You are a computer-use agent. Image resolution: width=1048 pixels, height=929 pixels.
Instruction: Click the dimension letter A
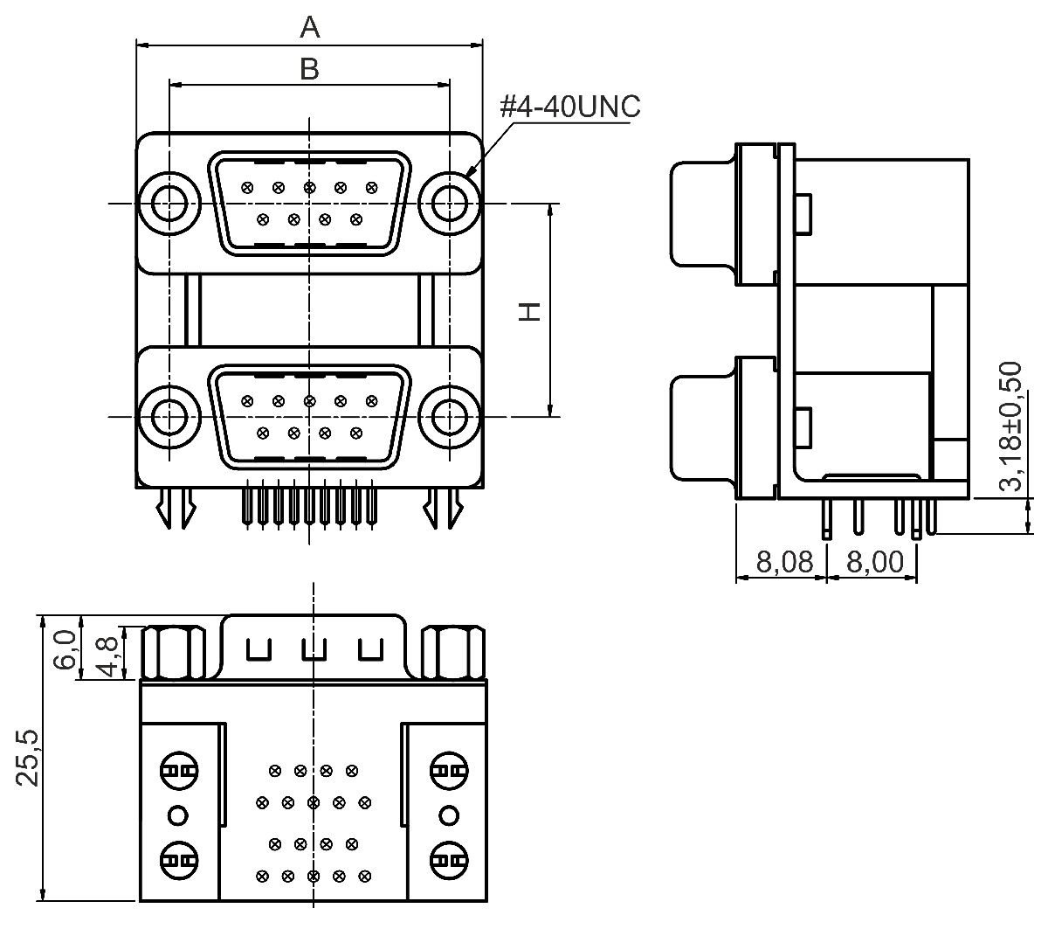(309, 27)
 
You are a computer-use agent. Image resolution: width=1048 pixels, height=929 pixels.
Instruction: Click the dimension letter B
(309, 68)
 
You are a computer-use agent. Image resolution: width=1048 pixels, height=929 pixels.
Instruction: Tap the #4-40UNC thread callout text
(570, 106)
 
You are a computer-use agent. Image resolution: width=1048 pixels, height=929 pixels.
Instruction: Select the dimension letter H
(530, 312)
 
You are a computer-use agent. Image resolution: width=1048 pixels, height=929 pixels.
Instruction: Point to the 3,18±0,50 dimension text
(1010, 426)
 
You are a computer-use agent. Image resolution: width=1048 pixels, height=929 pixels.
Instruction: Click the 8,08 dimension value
(784, 562)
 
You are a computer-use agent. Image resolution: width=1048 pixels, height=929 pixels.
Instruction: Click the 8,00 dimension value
(875, 562)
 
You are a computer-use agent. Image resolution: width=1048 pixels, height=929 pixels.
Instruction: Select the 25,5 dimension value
(27, 759)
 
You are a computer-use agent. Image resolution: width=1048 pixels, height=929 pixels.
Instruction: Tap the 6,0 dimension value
(66, 649)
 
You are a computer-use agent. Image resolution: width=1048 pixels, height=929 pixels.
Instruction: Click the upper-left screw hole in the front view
(169, 204)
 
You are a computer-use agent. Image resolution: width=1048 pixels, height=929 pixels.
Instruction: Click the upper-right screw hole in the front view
(450, 204)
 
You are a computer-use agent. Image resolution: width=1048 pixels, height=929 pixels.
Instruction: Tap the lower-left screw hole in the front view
(169, 417)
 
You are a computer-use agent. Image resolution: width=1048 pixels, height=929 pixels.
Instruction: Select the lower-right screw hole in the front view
(450, 417)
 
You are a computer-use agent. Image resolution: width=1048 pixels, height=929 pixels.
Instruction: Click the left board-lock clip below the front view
(176, 508)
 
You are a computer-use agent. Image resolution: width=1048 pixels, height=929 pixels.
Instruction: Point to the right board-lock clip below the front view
(443, 508)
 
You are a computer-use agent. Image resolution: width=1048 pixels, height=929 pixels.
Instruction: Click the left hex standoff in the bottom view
(173, 652)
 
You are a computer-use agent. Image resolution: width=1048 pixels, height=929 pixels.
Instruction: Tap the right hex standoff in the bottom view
(453, 652)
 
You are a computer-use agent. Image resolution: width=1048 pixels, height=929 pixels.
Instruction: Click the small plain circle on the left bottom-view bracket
(178, 815)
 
